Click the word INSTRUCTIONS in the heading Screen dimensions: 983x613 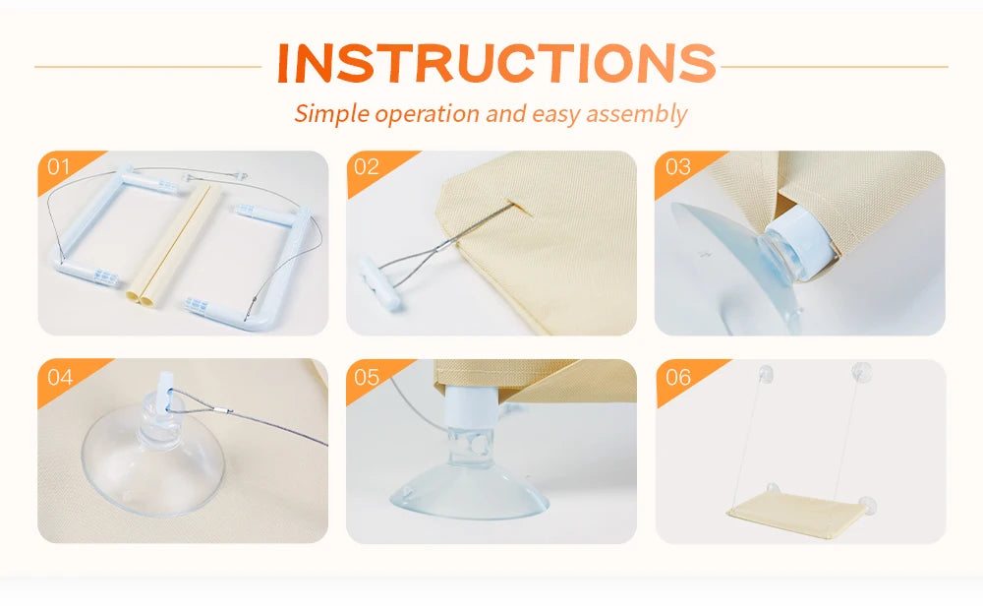495,63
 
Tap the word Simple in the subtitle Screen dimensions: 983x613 331,114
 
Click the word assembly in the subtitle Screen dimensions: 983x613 636,114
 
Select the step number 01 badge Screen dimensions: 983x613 58,167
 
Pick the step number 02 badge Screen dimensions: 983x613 367,167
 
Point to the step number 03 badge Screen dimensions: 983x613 677,167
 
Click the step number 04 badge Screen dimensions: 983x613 60,377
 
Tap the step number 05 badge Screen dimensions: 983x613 367,377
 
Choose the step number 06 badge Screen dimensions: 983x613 677,377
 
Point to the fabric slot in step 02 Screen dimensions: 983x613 519,207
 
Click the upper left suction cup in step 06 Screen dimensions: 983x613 764,375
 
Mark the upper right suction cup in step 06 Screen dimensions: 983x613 861,371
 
